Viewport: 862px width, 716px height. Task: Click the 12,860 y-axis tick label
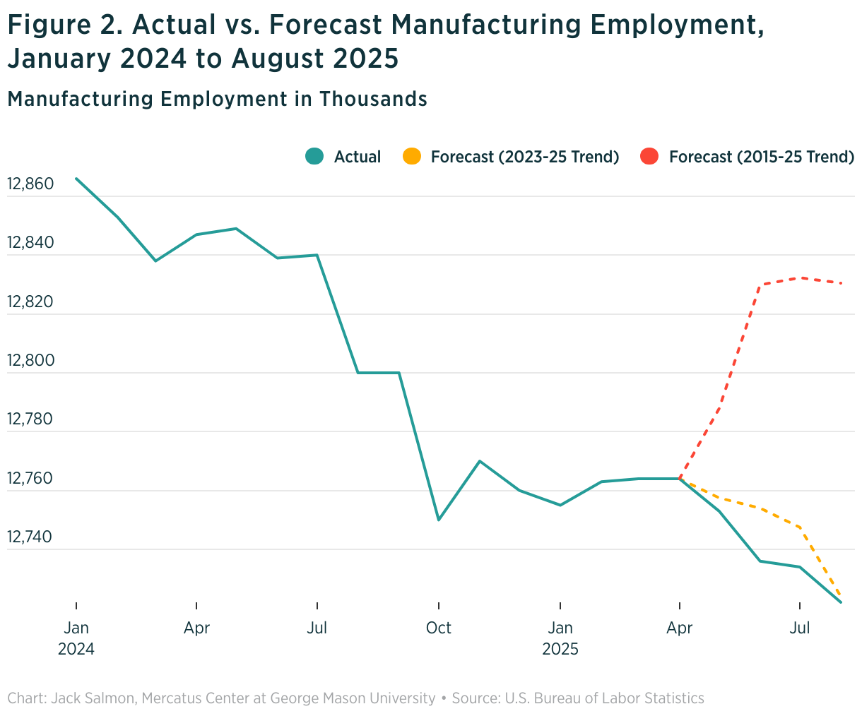tap(30, 184)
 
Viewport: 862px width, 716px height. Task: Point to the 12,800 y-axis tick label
tap(30, 361)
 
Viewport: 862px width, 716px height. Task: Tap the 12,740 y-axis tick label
tap(30, 537)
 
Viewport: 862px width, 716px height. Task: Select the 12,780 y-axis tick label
tap(30, 419)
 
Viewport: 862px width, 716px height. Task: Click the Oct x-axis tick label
tap(439, 628)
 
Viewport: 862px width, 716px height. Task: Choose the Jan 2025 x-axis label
tap(560, 638)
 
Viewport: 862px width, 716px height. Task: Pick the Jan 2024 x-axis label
tap(76, 638)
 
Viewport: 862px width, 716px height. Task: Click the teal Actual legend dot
tap(314, 157)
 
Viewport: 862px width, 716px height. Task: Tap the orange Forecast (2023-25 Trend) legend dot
tap(411, 157)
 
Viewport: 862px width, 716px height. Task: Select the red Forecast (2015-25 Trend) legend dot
tap(649, 157)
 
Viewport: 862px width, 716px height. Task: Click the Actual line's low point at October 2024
tap(439, 520)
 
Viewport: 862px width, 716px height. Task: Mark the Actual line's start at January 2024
tap(76, 179)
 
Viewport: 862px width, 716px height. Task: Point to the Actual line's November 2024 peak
tap(480, 461)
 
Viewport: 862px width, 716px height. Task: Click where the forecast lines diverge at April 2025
tap(680, 479)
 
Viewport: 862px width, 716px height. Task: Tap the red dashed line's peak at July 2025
tap(799, 278)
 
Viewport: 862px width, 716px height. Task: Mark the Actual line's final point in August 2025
tap(841, 602)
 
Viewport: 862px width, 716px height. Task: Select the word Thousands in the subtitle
tap(372, 99)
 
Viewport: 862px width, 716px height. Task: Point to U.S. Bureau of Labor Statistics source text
tap(603, 698)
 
